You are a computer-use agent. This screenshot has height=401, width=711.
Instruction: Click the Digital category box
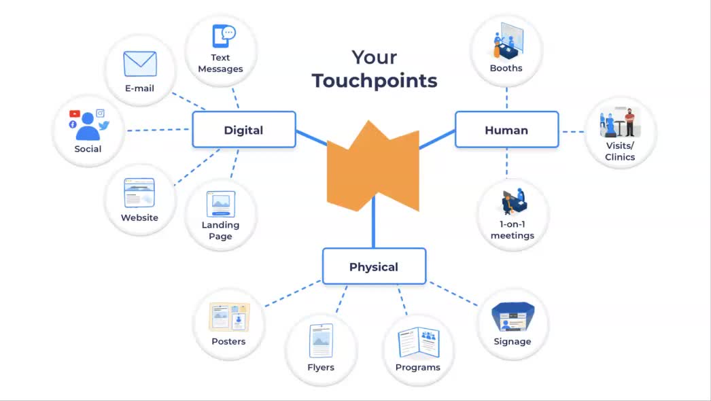tap(244, 130)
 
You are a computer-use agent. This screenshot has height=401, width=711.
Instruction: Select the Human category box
tap(506, 130)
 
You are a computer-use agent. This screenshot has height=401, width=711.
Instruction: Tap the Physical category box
tap(374, 266)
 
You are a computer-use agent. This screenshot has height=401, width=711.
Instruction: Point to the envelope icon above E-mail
tap(140, 64)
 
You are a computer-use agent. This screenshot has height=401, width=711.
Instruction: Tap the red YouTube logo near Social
tap(75, 114)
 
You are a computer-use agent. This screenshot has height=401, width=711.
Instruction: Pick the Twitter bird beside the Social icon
tap(104, 125)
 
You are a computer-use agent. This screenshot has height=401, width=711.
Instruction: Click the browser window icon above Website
tap(139, 193)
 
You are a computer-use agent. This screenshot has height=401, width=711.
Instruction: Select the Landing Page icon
tap(221, 204)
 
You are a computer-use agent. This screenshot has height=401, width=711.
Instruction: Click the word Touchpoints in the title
tap(375, 81)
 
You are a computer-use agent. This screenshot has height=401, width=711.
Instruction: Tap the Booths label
tap(506, 68)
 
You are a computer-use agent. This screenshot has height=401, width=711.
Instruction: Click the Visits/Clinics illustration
tap(620, 122)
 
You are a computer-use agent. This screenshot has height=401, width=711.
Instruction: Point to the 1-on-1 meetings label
tap(513, 230)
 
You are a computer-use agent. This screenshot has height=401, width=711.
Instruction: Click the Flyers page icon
tap(321, 341)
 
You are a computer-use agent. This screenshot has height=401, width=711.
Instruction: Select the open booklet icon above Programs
tap(419, 342)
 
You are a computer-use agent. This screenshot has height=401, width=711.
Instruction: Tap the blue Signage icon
tap(513, 317)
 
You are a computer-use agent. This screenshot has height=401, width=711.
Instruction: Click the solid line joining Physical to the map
tap(374, 222)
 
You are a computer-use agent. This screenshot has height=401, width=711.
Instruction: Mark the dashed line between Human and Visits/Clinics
tap(573, 132)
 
